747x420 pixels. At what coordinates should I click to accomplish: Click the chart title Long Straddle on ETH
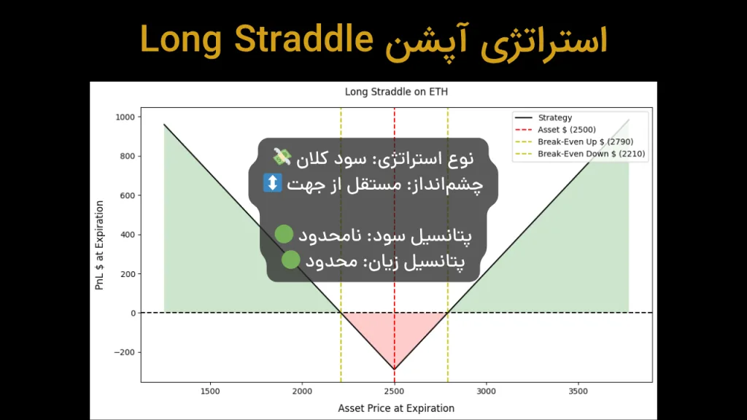point(395,92)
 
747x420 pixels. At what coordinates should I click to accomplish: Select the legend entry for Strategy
point(554,117)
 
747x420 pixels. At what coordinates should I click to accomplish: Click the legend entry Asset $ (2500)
point(566,130)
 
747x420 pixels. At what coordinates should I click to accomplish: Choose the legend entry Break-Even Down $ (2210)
point(591,154)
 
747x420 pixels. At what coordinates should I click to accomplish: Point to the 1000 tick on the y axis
point(125,117)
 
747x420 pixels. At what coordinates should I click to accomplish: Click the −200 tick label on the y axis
point(125,352)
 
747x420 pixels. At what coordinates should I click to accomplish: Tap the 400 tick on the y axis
point(128,235)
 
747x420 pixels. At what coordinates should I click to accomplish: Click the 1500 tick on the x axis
point(210,391)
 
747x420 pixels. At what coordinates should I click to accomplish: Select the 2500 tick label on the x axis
point(394,391)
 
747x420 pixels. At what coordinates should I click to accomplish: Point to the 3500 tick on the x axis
point(578,391)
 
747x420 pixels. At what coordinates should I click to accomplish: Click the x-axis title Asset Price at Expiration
point(395,408)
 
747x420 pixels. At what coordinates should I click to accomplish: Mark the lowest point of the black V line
point(394,369)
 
